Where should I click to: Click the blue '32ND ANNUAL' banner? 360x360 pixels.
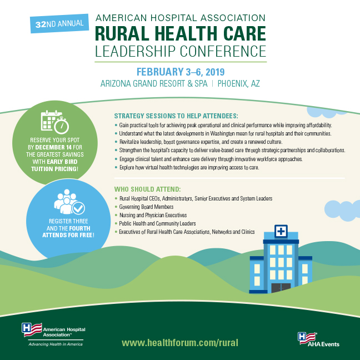point(58,23)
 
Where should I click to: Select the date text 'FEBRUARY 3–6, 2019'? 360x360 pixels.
point(180,72)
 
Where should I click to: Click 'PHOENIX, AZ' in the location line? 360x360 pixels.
point(239,84)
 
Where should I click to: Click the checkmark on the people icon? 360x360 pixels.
point(78,208)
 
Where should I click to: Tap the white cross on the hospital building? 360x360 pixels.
point(282,231)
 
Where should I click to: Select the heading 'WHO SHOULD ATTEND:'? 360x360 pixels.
point(147,189)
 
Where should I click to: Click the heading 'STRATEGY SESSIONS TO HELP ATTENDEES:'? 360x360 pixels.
point(176,116)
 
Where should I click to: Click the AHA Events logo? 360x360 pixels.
point(318,339)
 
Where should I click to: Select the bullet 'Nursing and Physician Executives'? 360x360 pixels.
point(151,214)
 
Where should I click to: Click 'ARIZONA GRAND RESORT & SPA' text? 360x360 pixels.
point(154,84)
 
